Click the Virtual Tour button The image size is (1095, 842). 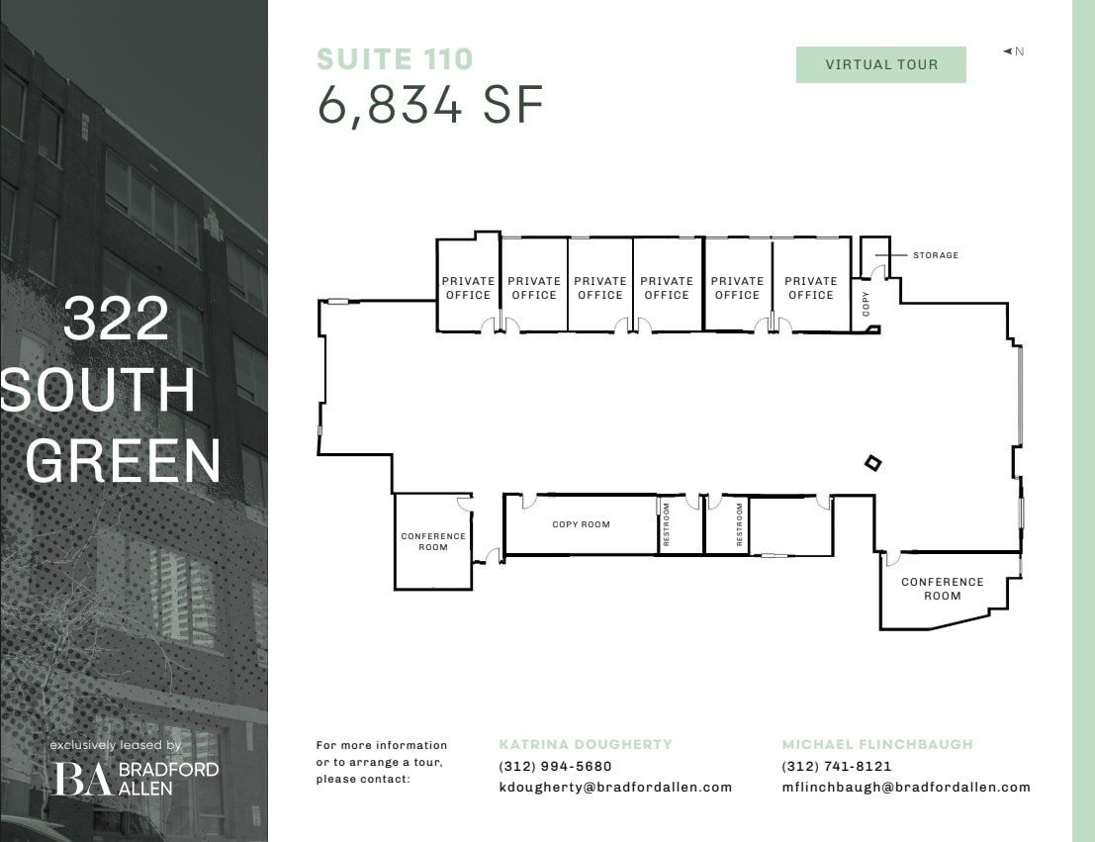point(880,65)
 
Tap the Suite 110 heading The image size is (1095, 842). point(395,59)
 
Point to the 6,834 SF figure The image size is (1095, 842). point(430,105)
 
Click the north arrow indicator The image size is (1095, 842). point(1013,51)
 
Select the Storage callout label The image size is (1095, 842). point(935,255)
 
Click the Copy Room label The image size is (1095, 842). point(581,524)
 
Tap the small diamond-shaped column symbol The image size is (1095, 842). point(872,462)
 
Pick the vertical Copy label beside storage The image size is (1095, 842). point(867,304)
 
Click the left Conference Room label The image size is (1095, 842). point(433,542)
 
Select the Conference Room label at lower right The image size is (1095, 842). point(942,589)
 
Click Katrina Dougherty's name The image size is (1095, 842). point(586,744)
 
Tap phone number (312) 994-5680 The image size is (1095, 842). point(555,766)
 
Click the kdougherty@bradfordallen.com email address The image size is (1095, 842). point(615,788)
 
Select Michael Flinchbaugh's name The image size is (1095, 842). point(877,744)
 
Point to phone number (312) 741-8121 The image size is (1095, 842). point(836,766)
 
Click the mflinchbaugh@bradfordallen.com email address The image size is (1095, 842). point(905,788)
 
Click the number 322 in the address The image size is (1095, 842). point(116,320)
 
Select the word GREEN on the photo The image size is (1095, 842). point(123,460)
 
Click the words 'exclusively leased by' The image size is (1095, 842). point(116,745)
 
